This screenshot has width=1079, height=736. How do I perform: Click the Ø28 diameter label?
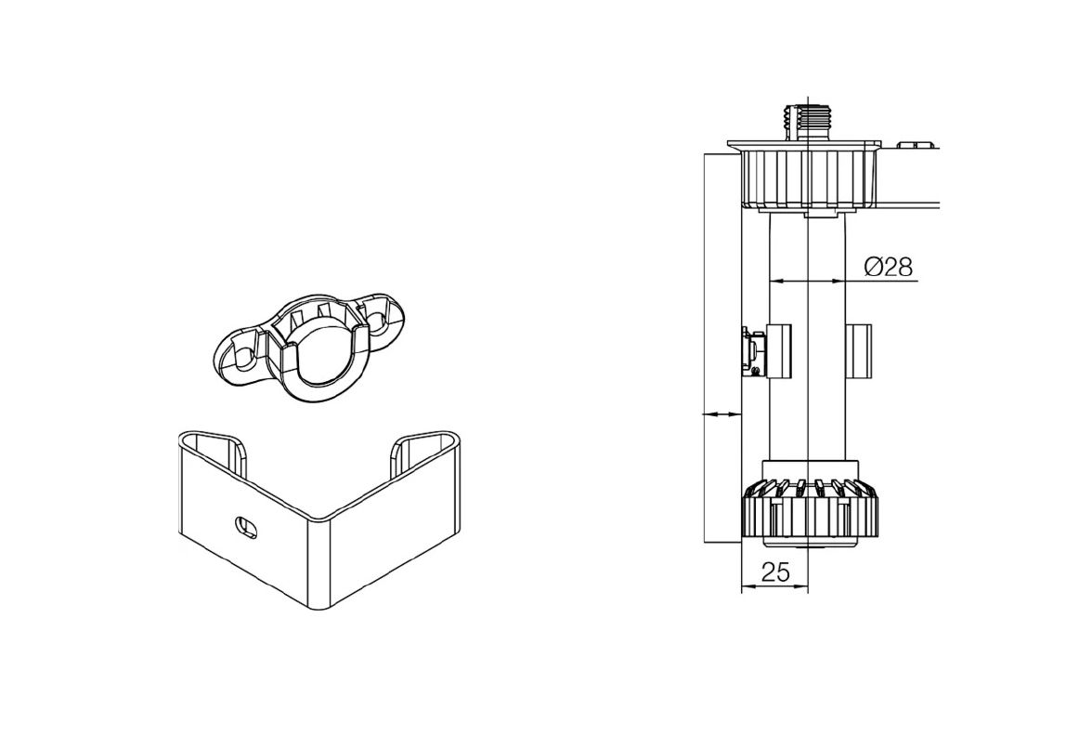(x=890, y=266)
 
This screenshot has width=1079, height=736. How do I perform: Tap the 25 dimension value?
(x=775, y=572)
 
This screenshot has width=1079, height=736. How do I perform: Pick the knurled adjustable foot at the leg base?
(x=810, y=509)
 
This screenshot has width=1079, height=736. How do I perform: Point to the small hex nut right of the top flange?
(x=916, y=145)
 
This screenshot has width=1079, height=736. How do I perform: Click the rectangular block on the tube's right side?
(x=859, y=351)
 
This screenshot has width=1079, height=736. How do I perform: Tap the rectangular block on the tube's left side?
(x=780, y=351)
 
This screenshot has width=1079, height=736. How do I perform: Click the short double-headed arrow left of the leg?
(x=721, y=414)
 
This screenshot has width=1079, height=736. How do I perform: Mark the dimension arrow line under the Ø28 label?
(x=806, y=281)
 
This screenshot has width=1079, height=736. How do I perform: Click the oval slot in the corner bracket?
(x=246, y=526)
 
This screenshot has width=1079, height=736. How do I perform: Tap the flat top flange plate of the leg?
(x=804, y=145)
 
